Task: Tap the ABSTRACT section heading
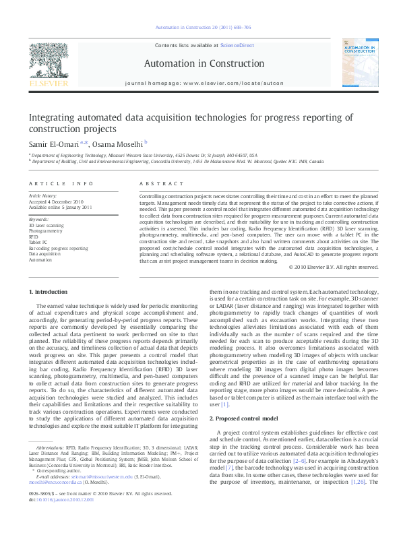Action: pos(156,183)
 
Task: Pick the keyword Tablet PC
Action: pos(38,242)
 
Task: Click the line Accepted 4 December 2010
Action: pos(55,201)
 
